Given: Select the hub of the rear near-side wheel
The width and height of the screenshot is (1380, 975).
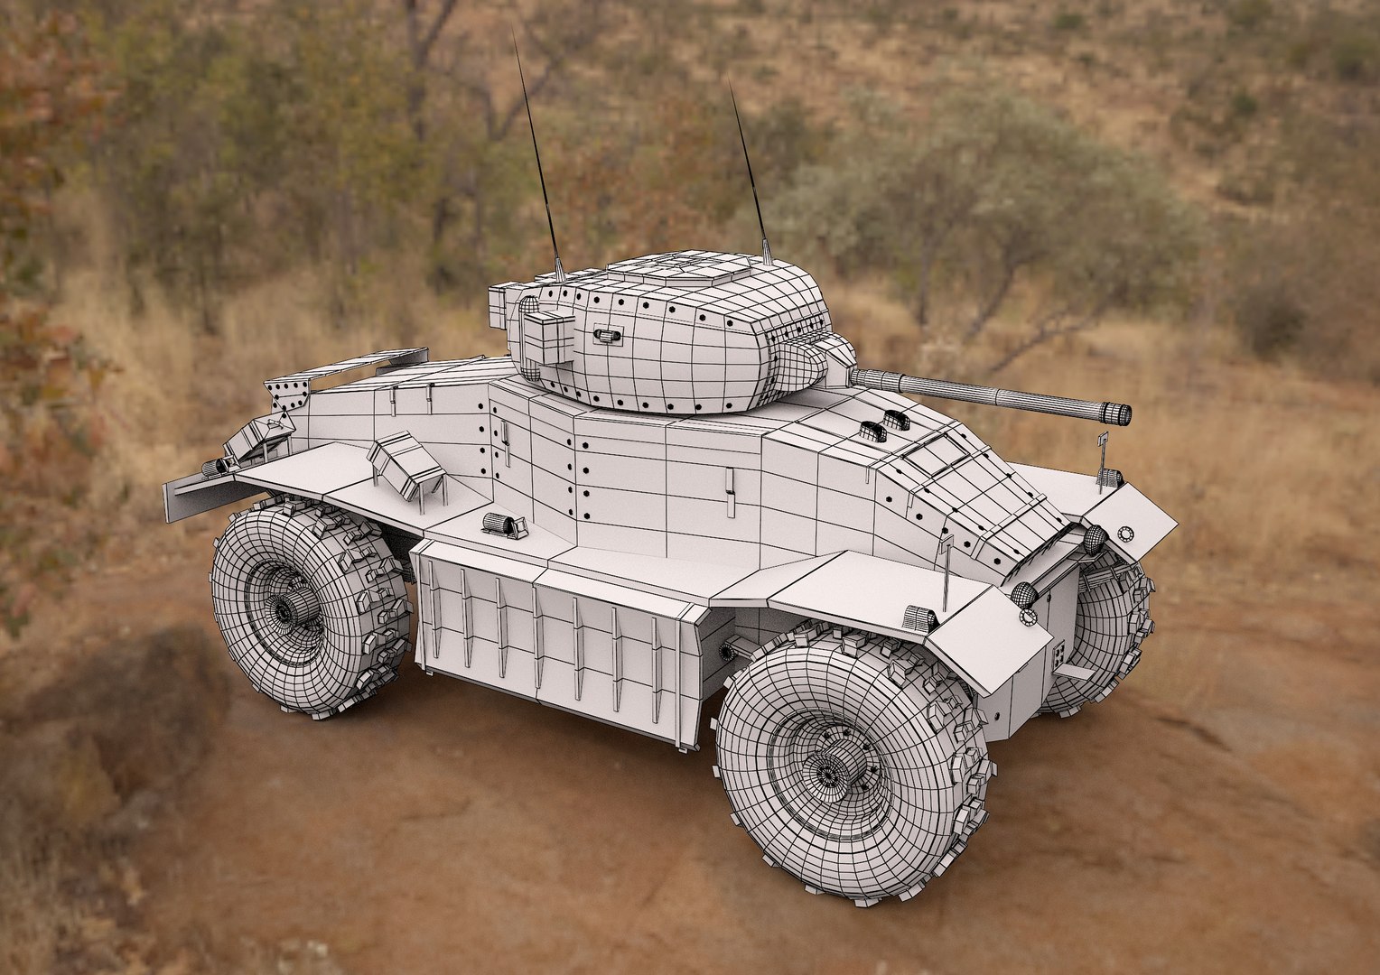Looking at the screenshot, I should (x=284, y=611).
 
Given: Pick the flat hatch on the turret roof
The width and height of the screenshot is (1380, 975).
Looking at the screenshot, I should (x=685, y=268).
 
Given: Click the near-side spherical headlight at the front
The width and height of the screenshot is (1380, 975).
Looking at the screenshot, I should (x=1025, y=594).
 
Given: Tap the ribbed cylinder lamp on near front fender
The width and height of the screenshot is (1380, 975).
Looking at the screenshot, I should (x=918, y=618).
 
